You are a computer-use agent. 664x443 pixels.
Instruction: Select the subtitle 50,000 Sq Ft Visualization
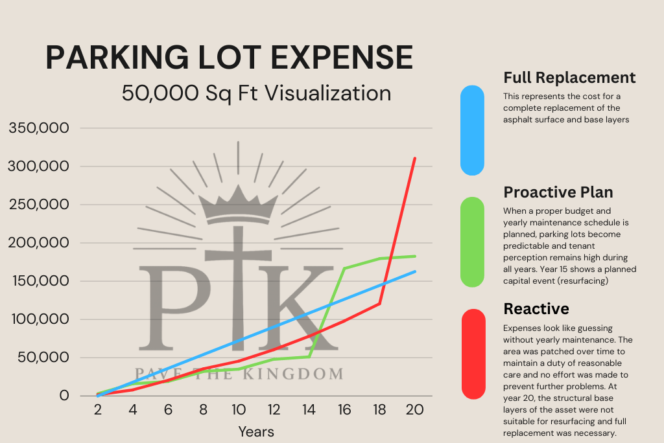[x=256, y=93]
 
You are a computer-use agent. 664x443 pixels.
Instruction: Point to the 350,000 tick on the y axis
[x=38, y=128]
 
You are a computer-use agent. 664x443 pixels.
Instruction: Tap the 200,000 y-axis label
[x=38, y=243]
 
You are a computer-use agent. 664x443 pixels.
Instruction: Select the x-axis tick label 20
[x=414, y=410]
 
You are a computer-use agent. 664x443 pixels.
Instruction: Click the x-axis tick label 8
[x=204, y=410]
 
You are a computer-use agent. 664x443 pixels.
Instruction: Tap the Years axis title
[x=255, y=431]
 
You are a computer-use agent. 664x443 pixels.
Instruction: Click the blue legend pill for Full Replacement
[x=472, y=130]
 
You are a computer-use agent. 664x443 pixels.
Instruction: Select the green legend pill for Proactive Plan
[x=472, y=242]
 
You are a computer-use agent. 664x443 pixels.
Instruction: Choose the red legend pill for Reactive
[x=473, y=354]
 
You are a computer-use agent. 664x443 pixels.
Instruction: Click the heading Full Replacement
[x=569, y=78]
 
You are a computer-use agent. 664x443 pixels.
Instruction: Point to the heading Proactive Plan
[x=558, y=192]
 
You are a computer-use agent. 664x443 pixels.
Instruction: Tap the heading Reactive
[x=536, y=308]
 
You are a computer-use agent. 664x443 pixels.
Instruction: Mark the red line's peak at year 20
[x=414, y=158]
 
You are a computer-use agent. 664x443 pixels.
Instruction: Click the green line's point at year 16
[x=344, y=268]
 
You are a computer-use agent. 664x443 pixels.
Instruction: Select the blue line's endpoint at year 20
[x=414, y=271]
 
